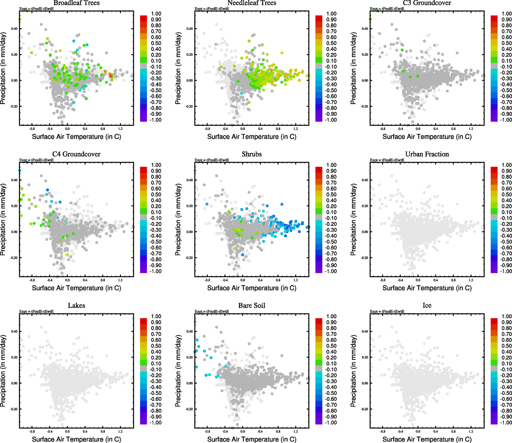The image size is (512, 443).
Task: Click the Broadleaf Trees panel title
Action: [x=76, y=3]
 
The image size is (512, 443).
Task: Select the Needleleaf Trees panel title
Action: [x=252, y=3]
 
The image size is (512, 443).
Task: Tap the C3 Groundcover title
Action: [x=427, y=3]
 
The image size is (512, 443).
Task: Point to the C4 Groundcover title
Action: [x=76, y=154]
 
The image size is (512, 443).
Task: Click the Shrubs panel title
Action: [x=252, y=154]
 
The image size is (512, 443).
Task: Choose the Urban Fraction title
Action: [x=427, y=154]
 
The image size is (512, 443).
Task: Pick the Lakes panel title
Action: [x=76, y=306]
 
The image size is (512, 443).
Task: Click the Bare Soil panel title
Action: [x=252, y=306]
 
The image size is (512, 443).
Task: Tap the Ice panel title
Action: [x=427, y=306]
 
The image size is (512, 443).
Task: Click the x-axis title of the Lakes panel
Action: [x=76, y=439]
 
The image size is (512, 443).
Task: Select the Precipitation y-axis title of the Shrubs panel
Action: [x=179, y=220]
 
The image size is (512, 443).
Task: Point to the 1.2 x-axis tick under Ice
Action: [x=471, y=431]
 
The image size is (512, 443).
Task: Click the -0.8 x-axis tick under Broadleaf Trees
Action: [x=32, y=129]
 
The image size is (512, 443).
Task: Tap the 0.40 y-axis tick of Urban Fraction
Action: [x=364, y=180]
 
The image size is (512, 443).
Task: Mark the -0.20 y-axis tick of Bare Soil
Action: [x=189, y=409]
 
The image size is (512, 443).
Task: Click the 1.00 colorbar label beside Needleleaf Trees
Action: [x=331, y=14]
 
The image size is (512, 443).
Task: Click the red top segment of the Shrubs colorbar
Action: [x=319, y=170]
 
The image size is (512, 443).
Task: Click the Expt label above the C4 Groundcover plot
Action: [x=37, y=160]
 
